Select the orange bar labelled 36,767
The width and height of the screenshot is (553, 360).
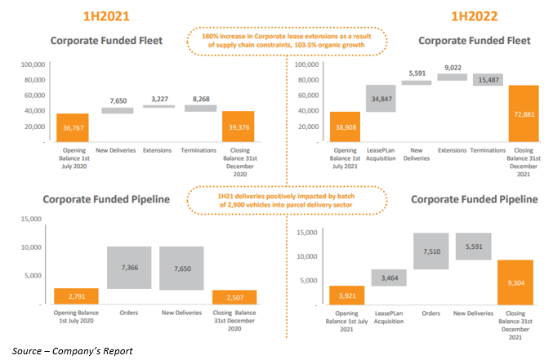73,128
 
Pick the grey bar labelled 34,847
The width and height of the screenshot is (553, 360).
381,98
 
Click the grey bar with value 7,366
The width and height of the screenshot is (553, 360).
129,268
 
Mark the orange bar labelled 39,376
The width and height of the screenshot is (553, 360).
239,127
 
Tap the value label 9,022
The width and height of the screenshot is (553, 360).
452,69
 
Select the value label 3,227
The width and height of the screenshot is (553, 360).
158,99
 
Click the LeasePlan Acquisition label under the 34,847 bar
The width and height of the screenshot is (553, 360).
381,155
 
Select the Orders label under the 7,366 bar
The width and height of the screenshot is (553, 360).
129,311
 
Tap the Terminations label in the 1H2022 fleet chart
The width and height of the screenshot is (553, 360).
488,151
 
